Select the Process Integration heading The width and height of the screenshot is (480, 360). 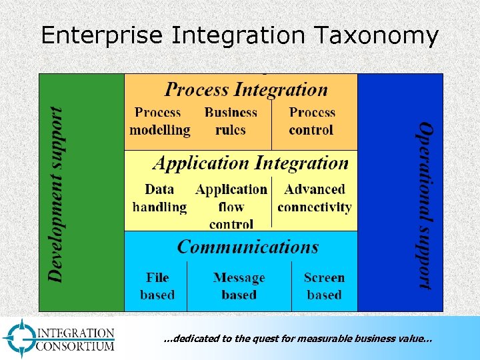(x=246, y=89)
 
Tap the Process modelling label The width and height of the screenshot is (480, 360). (x=159, y=121)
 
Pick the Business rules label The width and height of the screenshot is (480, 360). (x=231, y=121)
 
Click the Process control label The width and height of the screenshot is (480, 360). (x=312, y=121)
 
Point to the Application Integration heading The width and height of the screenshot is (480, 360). (x=251, y=163)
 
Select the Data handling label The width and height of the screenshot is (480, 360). (x=159, y=199)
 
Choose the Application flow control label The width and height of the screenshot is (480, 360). (x=231, y=207)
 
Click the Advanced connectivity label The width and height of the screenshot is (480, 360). (x=314, y=199)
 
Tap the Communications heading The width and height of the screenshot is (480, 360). (x=247, y=247)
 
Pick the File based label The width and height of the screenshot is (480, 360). (x=157, y=286)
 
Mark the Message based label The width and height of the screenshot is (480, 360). (x=239, y=286)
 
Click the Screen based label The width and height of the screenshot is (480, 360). (x=324, y=286)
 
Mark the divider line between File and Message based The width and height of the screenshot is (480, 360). (x=187, y=286)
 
